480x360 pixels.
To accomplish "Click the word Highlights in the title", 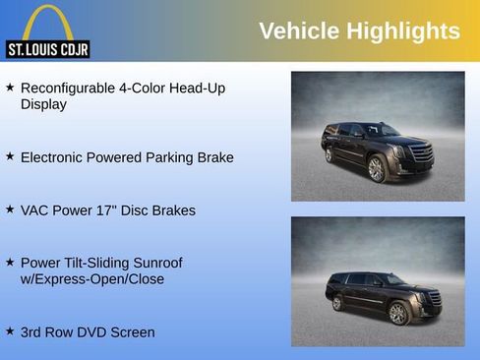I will point(401,30).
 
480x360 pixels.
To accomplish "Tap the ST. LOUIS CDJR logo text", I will point(48,48).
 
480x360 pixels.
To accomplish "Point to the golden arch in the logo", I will point(47,22).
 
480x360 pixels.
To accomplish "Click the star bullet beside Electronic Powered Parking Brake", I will point(10,156).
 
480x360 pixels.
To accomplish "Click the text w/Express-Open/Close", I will point(92,279).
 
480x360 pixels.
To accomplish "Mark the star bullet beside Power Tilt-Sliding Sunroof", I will point(10,263).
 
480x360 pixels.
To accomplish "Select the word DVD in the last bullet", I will point(91,332).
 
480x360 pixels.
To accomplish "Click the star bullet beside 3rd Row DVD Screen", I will point(10,331).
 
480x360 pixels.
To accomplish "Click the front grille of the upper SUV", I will point(420,154).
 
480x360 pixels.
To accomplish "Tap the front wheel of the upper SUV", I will point(376,170).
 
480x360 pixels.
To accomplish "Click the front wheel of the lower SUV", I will point(398,313).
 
